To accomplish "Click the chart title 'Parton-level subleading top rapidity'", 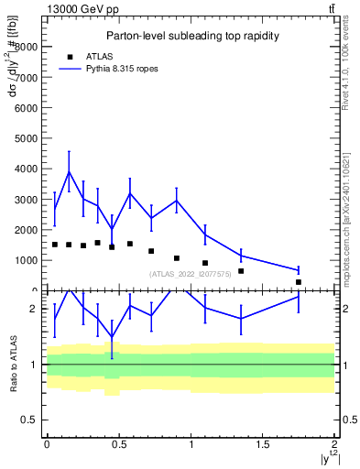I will pos(191,36).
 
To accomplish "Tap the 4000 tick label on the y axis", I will pos(27,169).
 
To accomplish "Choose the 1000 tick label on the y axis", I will pos(27,260).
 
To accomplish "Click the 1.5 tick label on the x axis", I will pos(263,444).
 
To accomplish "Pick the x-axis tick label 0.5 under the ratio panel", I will pos(118,444).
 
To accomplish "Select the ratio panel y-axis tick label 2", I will pos(33,309).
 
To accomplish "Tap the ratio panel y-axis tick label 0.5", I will pos(29,420).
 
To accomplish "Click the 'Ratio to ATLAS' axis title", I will pos(13,365).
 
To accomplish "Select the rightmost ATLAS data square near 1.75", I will pos(299,282).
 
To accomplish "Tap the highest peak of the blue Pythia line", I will pos(69,171).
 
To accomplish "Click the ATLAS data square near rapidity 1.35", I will pos(241,271).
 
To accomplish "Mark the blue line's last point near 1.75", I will pos(299,270).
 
